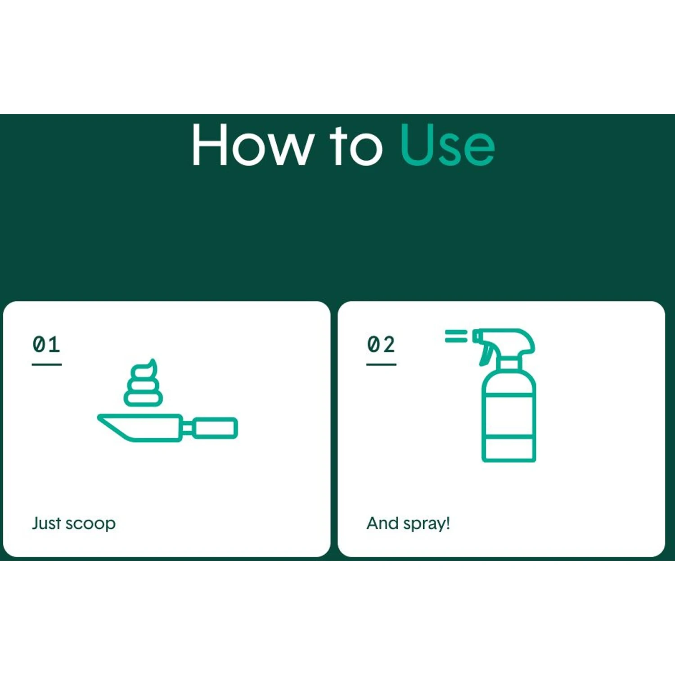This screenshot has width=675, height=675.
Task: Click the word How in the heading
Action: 252,145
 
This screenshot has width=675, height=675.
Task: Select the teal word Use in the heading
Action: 447,145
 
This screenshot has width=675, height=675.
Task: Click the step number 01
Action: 46,344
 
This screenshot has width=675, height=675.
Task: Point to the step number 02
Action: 381,344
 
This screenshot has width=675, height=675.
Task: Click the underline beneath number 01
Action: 47,364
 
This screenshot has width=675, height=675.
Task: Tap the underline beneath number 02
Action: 381,364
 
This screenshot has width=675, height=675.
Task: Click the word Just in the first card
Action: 46,523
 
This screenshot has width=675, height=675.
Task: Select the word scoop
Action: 90,525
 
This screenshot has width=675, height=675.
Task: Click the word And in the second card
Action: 383,523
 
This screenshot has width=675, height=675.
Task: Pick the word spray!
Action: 427,524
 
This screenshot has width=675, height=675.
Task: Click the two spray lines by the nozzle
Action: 456,336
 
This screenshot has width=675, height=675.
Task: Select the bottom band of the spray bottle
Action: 508,448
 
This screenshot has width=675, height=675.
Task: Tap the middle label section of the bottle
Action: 508,414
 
